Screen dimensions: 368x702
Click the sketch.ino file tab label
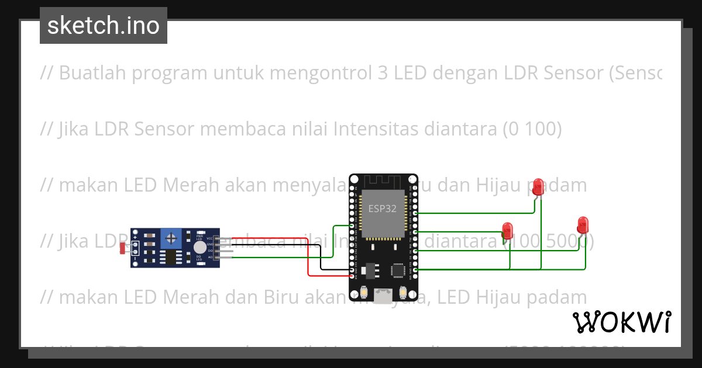coord(103,26)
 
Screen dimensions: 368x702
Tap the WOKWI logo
coord(621,322)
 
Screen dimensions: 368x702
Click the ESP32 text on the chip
coord(383,209)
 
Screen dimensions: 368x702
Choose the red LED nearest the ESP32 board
coord(508,230)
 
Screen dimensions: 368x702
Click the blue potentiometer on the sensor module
coord(171,238)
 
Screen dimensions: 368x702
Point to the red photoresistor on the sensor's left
coord(123,248)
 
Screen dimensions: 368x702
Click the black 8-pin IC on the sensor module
coord(170,257)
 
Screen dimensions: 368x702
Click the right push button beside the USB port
coord(402,291)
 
